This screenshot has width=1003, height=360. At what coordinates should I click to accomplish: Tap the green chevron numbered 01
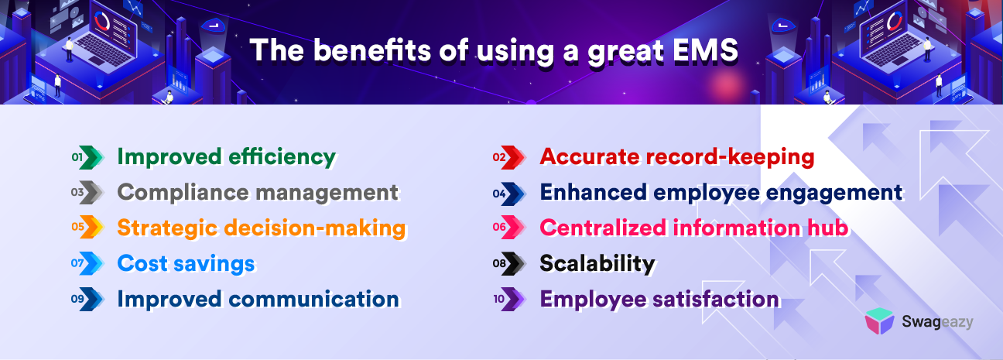click(x=92, y=157)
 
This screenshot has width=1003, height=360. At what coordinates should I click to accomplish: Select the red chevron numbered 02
click(x=514, y=157)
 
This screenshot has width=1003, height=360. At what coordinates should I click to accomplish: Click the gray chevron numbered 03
click(x=92, y=193)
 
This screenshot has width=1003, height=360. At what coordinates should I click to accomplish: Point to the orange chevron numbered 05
click(x=92, y=227)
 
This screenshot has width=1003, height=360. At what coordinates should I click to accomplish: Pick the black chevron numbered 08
click(x=514, y=263)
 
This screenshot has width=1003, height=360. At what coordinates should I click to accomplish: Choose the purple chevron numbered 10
click(x=514, y=299)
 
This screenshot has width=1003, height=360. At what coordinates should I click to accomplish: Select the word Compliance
click(x=183, y=193)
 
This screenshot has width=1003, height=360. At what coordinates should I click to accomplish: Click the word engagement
click(x=834, y=193)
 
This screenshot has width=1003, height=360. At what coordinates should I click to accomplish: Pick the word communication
click(x=313, y=299)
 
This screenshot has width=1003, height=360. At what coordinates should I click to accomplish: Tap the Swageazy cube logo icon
click(x=879, y=321)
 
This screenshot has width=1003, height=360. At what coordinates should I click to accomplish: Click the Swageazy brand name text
click(x=937, y=322)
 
